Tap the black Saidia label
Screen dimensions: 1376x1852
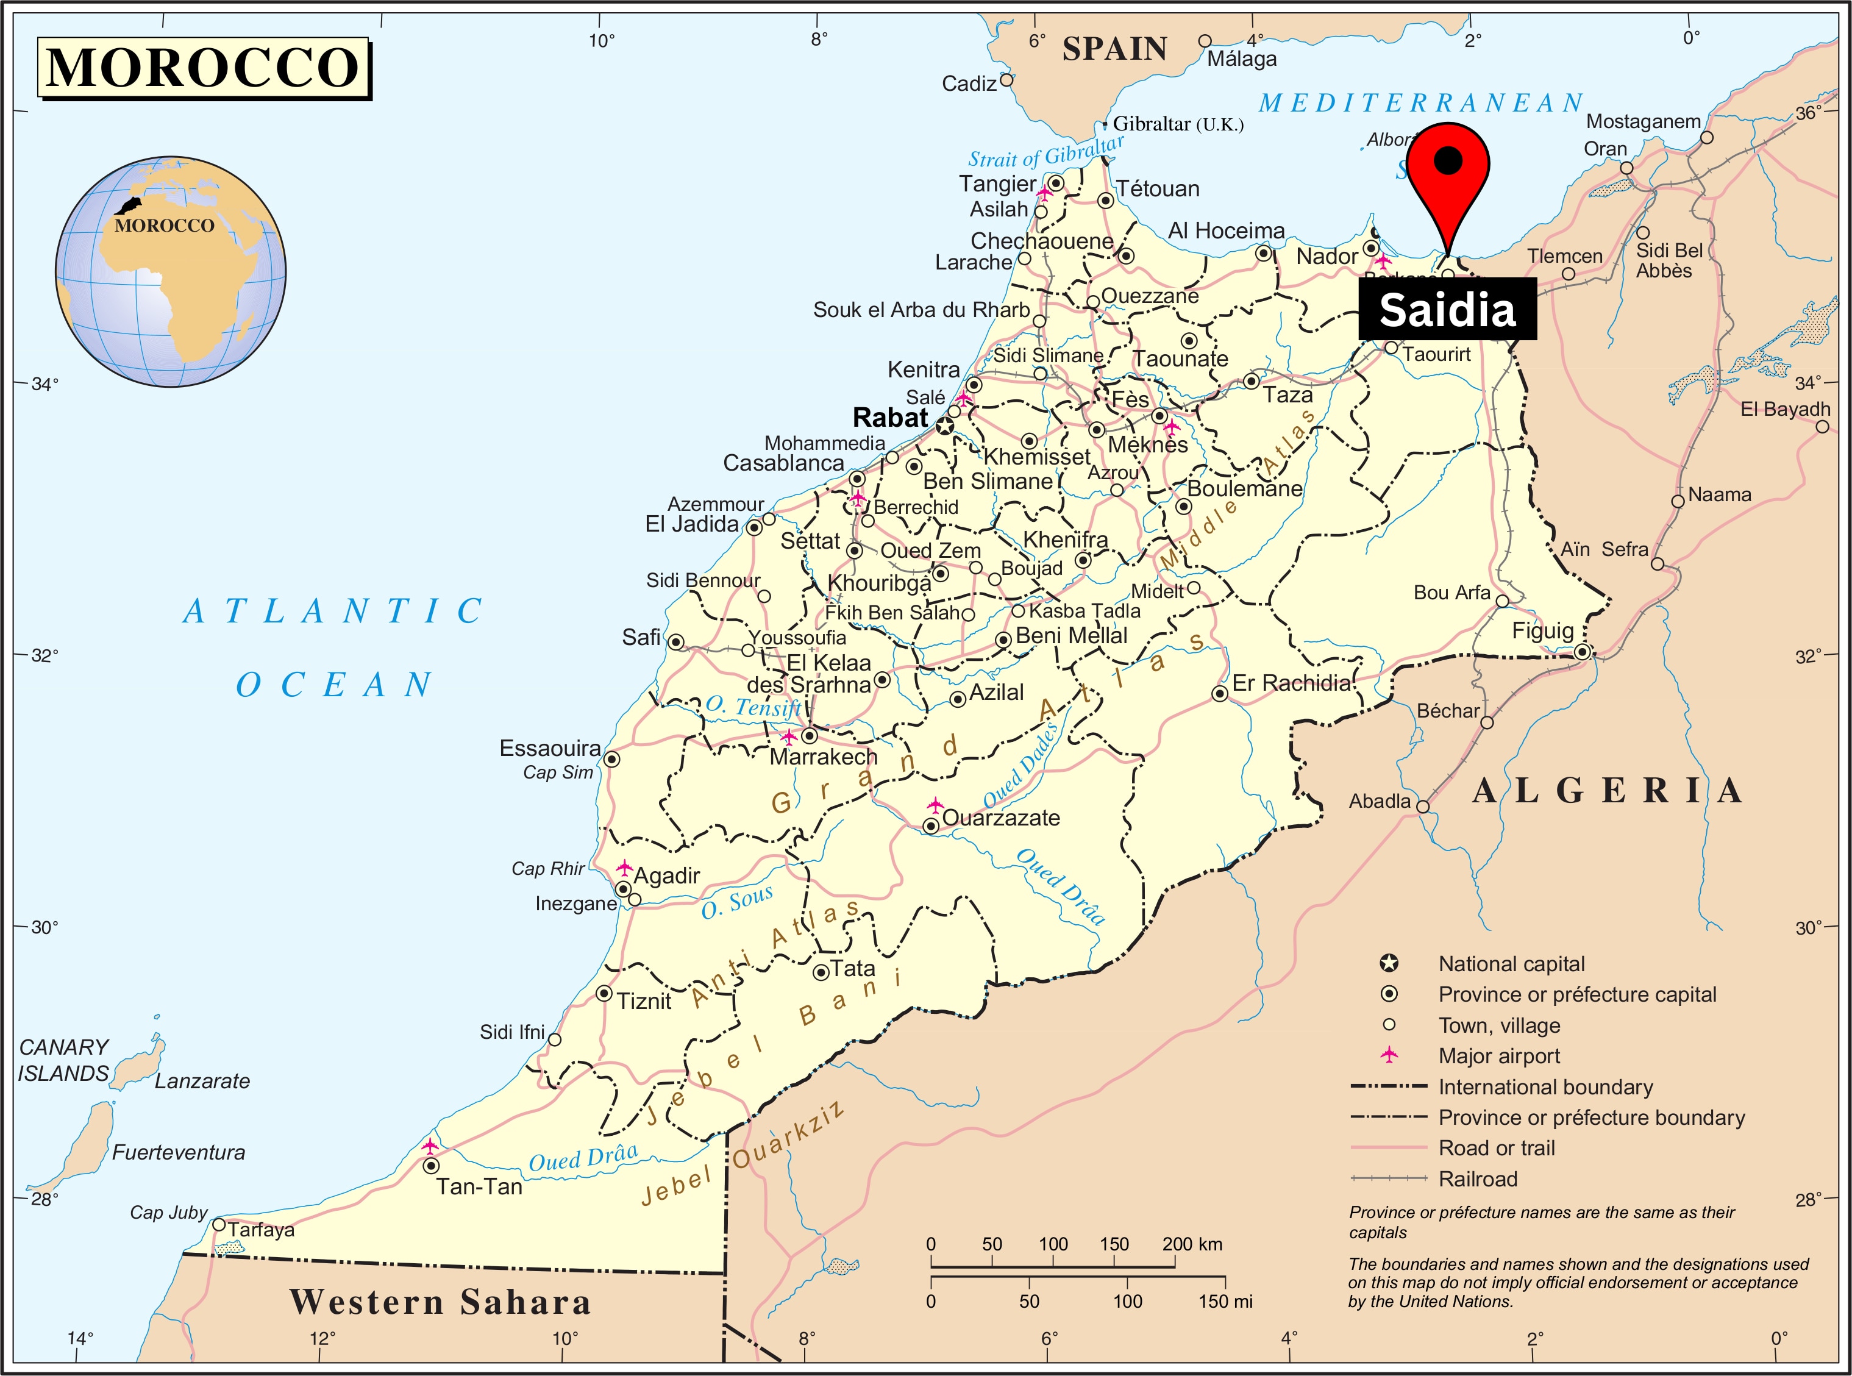tap(1447, 310)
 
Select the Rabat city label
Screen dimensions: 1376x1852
tap(889, 417)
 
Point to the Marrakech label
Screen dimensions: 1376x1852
tap(823, 757)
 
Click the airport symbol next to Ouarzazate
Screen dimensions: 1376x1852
tap(935, 805)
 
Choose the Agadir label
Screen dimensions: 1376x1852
tap(666, 875)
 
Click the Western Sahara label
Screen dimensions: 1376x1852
tap(440, 1302)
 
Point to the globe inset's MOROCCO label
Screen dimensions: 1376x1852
tap(164, 226)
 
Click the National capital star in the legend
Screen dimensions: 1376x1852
tap(1388, 964)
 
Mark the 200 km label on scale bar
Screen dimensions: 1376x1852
tap(1192, 1244)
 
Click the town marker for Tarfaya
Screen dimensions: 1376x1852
tap(219, 1224)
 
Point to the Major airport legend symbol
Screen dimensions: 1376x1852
tap(1388, 1055)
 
